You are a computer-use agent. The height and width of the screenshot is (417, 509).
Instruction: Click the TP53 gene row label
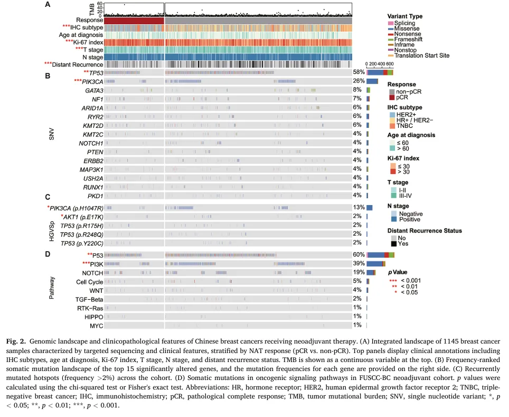(x=96, y=73)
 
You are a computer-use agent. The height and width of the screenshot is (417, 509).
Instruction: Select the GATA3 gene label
(x=94, y=91)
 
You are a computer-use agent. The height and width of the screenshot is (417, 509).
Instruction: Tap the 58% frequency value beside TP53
(x=359, y=72)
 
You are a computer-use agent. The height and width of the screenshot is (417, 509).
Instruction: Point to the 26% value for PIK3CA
(x=359, y=81)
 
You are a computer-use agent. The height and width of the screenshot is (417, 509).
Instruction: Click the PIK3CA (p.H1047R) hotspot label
(x=77, y=208)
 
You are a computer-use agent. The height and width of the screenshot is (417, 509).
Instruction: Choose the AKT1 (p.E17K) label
(x=83, y=217)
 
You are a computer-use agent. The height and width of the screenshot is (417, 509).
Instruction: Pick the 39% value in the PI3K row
(x=359, y=264)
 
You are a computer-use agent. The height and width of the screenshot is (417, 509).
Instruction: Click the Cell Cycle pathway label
(x=90, y=282)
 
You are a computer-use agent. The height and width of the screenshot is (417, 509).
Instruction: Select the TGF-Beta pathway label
(x=89, y=300)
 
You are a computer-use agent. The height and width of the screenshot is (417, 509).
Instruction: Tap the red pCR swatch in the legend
(x=392, y=97)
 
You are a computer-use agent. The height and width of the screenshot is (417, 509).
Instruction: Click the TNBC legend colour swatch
(x=392, y=126)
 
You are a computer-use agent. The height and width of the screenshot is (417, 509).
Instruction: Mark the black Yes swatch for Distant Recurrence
(x=394, y=244)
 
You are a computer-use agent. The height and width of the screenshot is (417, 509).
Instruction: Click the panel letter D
(x=48, y=254)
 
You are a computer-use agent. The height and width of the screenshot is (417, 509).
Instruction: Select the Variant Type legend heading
(x=405, y=16)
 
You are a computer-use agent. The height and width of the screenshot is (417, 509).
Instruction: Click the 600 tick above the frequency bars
(x=390, y=64)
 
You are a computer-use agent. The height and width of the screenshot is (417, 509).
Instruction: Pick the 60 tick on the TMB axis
(x=99, y=4)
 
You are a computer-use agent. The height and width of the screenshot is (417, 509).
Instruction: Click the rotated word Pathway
(x=52, y=288)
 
